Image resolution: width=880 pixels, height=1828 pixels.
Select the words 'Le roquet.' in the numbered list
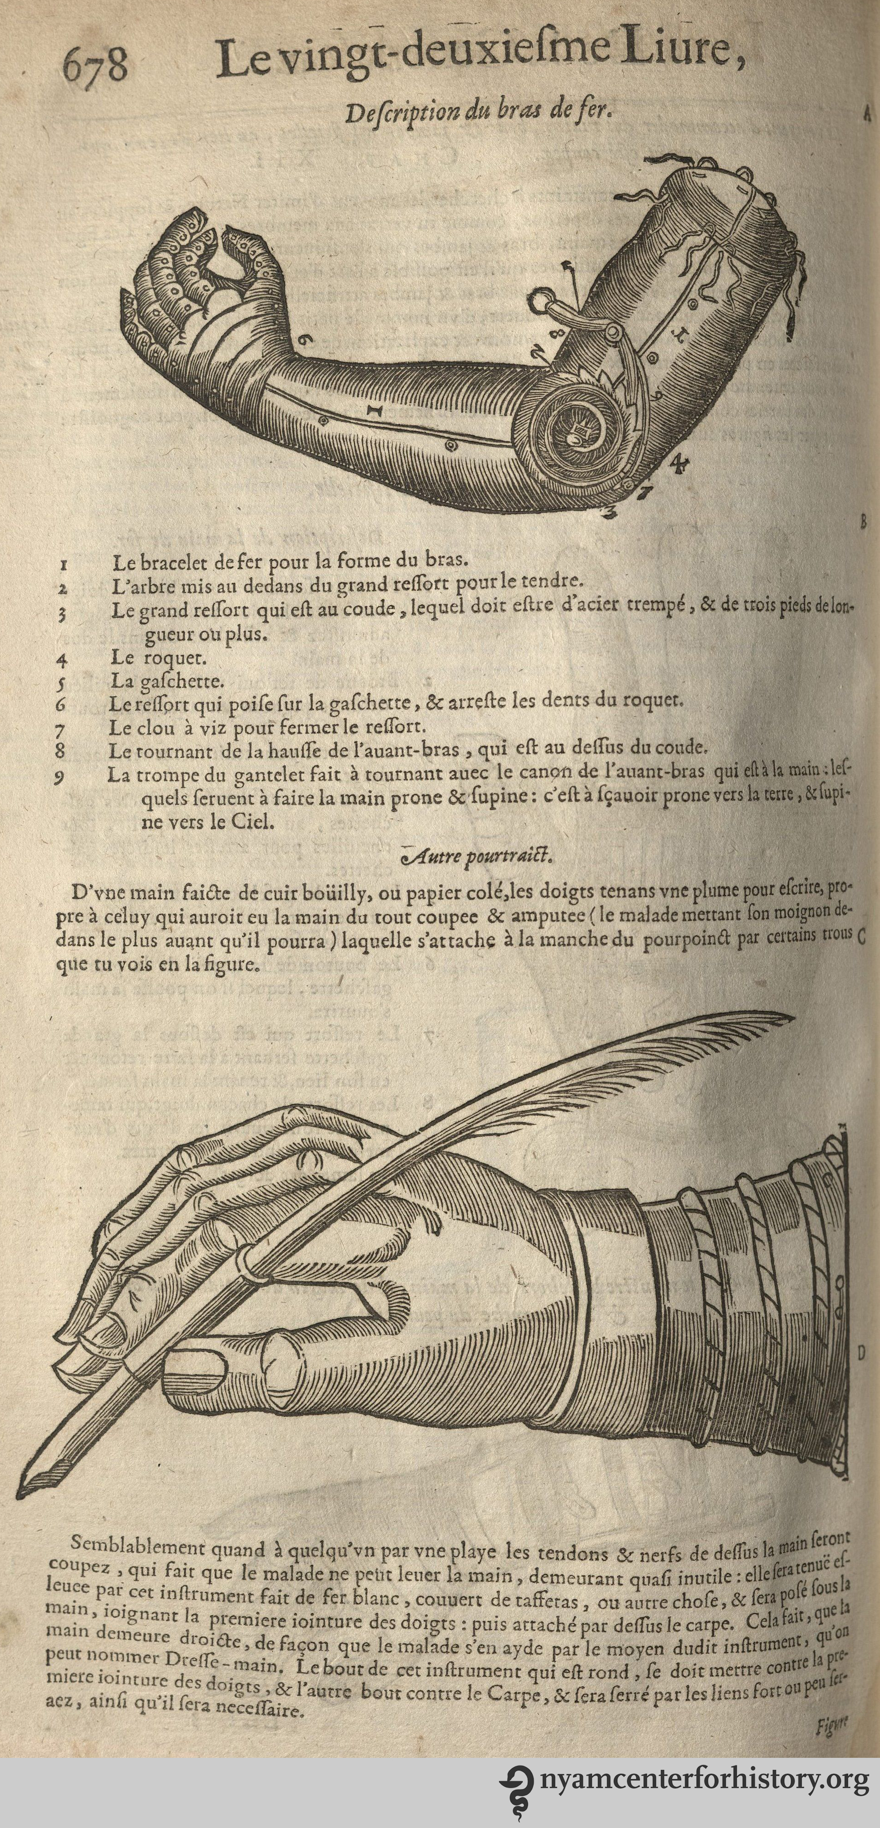coord(158,658)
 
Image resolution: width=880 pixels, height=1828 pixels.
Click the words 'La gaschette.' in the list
coord(167,681)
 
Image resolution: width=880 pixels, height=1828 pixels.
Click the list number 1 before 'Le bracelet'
coord(64,565)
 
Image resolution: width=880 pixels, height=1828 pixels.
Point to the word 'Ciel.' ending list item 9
coord(251,823)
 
